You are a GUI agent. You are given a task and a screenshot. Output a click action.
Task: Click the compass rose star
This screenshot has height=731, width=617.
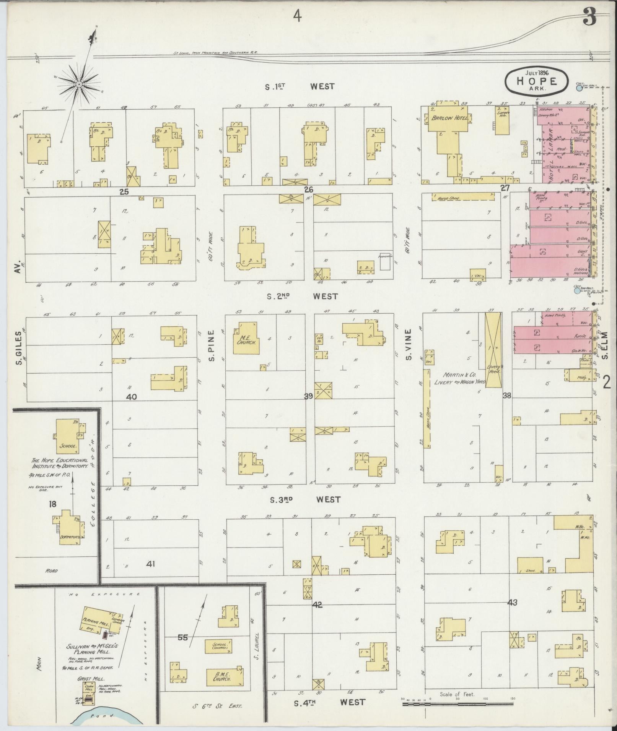click(x=79, y=84)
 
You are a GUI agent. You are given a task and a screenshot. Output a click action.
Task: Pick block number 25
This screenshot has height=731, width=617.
click(x=124, y=192)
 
